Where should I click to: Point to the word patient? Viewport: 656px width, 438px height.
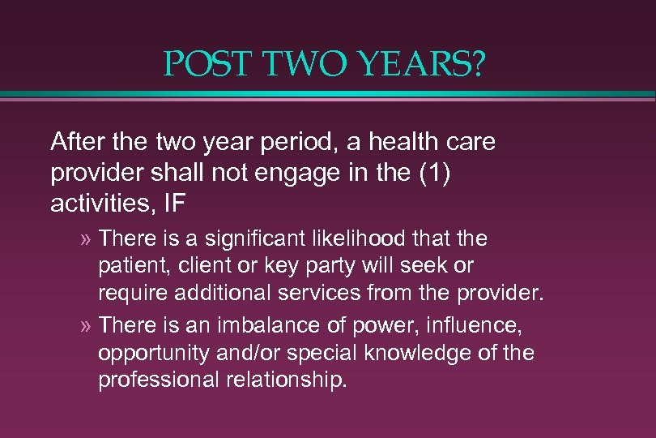[127, 265]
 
